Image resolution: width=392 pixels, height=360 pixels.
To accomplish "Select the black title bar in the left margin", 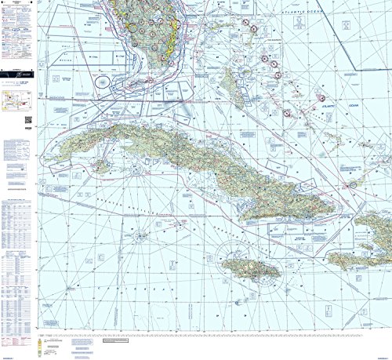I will click(x=17, y=76).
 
